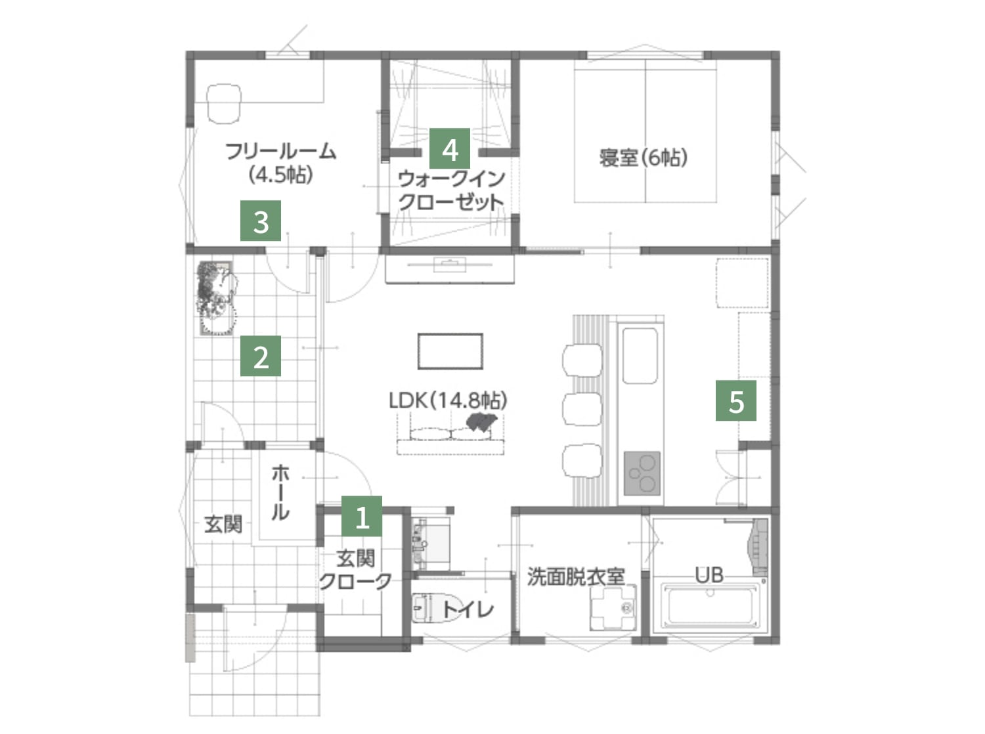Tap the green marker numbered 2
point(261,356)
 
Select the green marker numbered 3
point(261,221)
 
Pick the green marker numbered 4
point(450,148)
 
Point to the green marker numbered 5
point(736,400)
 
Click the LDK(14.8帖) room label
point(448,400)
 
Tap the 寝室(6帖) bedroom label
point(643,158)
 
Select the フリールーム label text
point(280,152)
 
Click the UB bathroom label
point(709,575)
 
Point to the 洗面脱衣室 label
point(575,576)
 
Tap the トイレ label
point(468,609)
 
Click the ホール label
point(280,492)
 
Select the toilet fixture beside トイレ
point(424,609)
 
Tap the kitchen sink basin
point(640,355)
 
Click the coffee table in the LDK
point(450,351)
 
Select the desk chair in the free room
point(225,103)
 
